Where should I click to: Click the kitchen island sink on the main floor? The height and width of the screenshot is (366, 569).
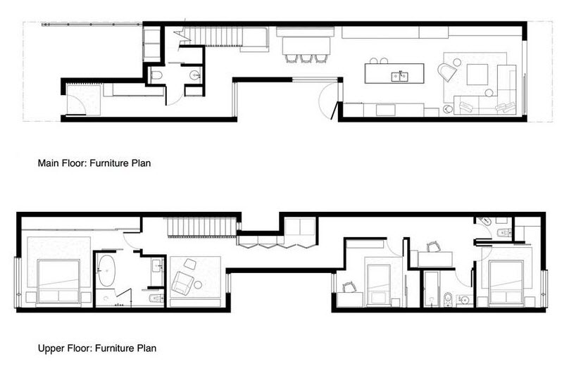tap(400, 75)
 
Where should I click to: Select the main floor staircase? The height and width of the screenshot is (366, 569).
tap(211, 35)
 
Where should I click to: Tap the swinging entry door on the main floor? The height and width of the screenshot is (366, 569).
tap(327, 102)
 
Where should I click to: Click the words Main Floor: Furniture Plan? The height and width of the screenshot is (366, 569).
tap(94, 163)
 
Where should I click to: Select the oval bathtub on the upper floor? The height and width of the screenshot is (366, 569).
tap(107, 272)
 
